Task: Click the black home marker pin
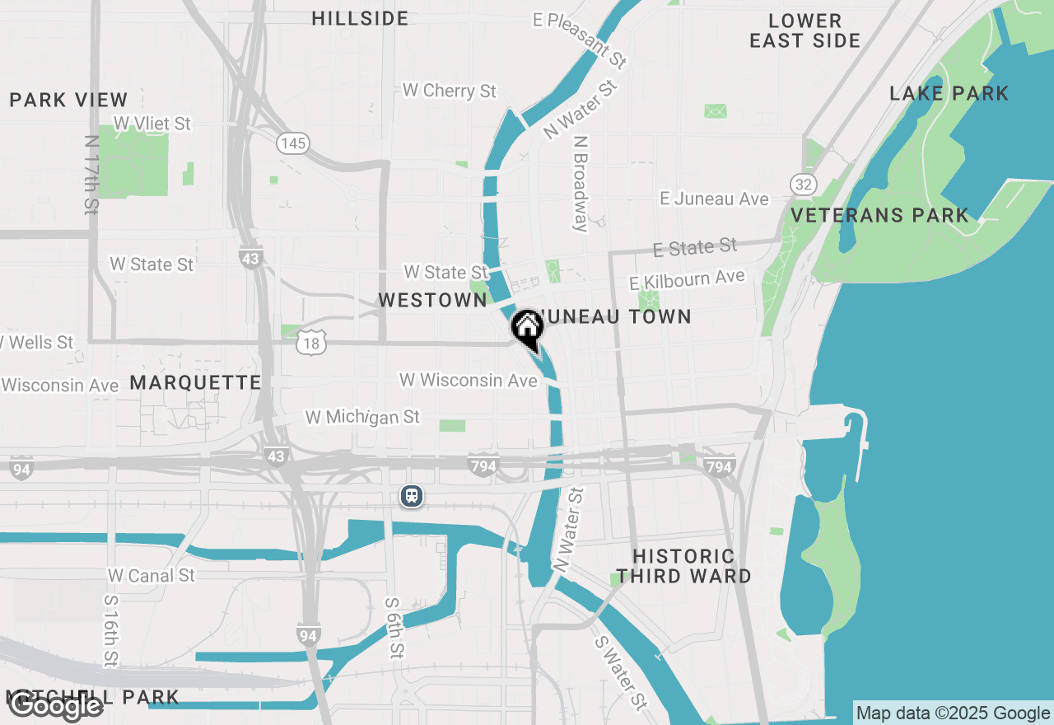coord(527,327)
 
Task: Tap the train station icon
coord(412,496)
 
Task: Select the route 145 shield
coord(292,143)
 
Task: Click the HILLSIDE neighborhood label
coord(360,18)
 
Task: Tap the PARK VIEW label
coord(69,100)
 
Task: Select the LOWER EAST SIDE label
coord(805,30)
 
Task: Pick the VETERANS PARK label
coord(880,216)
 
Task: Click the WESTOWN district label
coord(433,301)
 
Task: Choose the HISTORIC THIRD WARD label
coord(684,567)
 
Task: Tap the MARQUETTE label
coord(195,382)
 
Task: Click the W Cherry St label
coord(450,91)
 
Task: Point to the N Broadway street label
coord(581,184)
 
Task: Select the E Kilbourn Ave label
coord(687,279)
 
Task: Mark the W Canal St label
coord(152,575)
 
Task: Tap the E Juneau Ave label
coord(715,199)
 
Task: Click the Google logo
coord(56,705)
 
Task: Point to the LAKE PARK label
coord(949,93)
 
